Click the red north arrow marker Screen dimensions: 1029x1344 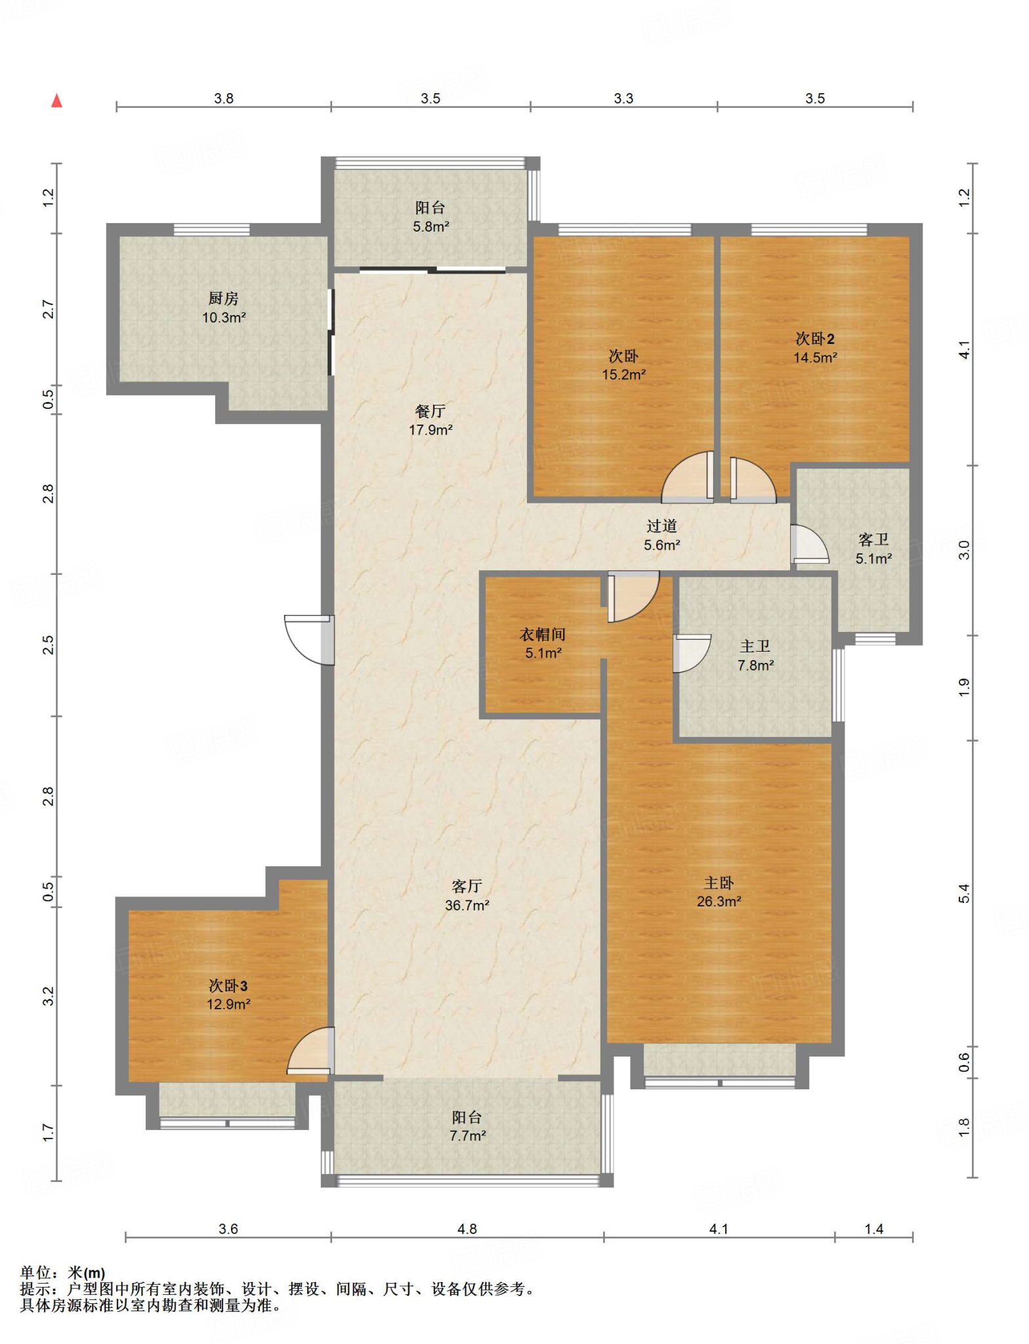[x=57, y=100]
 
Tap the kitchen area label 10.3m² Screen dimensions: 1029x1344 [x=224, y=318]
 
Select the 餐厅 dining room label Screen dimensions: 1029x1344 [x=430, y=411]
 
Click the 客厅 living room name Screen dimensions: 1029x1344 [x=467, y=887]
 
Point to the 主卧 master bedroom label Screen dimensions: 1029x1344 [x=719, y=883]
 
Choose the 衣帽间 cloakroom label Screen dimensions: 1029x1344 [x=543, y=635]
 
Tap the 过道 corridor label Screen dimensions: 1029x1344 [x=661, y=526]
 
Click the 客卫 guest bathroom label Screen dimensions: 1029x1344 [x=873, y=540]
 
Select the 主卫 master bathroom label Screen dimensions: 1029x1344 [x=755, y=647]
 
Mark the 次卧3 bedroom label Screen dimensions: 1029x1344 [x=228, y=986]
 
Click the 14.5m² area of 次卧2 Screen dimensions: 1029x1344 [x=815, y=358]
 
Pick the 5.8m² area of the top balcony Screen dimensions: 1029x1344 [x=430, y=227]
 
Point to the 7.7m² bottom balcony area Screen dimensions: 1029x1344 [x=467, y=1136]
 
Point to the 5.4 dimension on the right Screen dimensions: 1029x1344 [x=963, y=893]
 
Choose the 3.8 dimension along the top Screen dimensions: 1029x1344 [x=224, y=98]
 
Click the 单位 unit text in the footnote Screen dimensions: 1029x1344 [x=35, y=1272]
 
